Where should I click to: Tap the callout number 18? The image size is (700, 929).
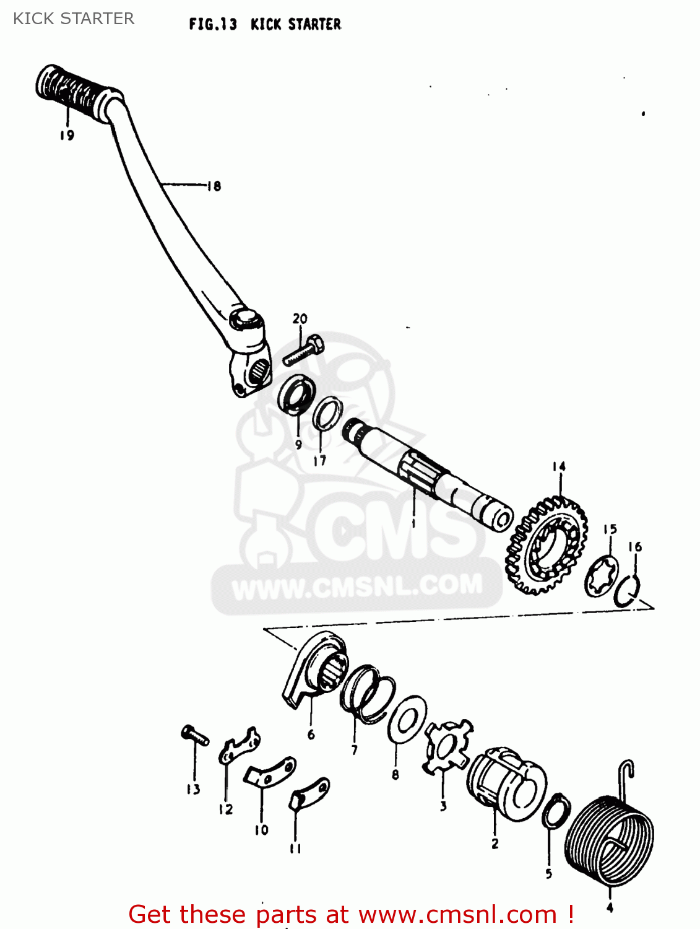pos(214,186)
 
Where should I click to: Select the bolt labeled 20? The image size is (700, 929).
pos(304,351)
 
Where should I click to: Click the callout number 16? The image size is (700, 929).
pos(635,547)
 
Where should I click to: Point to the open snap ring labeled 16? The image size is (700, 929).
pos(628,591)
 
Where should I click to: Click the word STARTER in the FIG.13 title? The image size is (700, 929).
pos(314,24)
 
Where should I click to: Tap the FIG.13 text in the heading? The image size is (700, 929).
pos(213,24)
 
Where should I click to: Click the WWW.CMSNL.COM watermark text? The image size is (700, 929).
pos(357,586)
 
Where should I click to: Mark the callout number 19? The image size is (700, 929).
pos(67,135)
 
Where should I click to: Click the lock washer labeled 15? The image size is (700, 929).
pos(602,576)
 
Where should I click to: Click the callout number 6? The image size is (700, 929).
pos(311,735)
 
